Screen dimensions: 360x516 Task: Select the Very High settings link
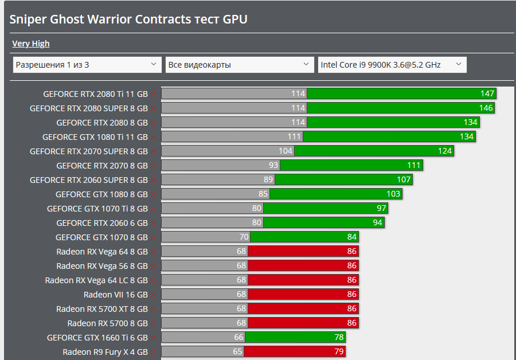[31, 44]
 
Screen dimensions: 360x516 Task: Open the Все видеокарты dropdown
[240, 65]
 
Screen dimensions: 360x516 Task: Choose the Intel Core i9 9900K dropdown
[392, 65]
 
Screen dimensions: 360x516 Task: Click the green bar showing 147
[401, 93]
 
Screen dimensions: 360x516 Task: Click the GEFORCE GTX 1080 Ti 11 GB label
[95, 137]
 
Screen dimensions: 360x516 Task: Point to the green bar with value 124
[373, 151]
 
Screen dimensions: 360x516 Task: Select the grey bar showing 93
[220, 166]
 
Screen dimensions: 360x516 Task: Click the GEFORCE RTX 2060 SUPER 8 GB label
[88, 180]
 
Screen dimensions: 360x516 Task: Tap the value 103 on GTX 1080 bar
[393, 194]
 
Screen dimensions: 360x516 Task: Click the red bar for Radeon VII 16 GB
[303, 295]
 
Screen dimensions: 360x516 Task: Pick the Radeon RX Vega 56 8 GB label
[101, 266]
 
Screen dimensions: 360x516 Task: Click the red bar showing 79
[294, 352]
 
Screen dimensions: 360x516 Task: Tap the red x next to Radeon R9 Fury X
[153, 353]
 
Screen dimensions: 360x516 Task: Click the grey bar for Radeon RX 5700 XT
[204, 309]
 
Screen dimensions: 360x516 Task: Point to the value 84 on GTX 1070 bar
[351, 237]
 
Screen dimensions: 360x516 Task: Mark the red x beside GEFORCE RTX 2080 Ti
[153, 94]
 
